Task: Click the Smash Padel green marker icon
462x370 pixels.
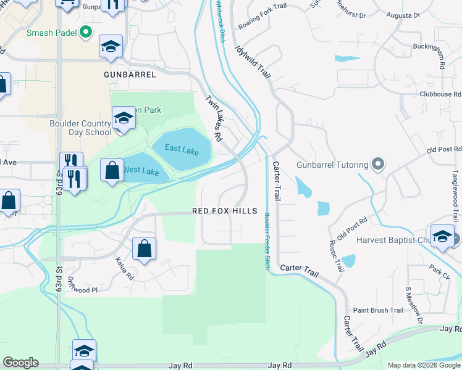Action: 86,31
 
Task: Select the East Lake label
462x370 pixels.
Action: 182,150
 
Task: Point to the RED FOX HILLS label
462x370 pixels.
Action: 224,211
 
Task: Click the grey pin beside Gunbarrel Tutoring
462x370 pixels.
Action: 379,165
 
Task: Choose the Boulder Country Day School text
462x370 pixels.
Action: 80,128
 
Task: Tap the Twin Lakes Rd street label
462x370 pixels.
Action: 214,118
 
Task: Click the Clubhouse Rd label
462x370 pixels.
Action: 440,94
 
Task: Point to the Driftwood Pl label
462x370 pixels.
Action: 83,289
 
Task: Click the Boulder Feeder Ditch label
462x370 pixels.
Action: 267,240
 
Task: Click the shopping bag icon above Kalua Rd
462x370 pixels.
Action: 144,249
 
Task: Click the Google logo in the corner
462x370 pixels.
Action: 20,363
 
